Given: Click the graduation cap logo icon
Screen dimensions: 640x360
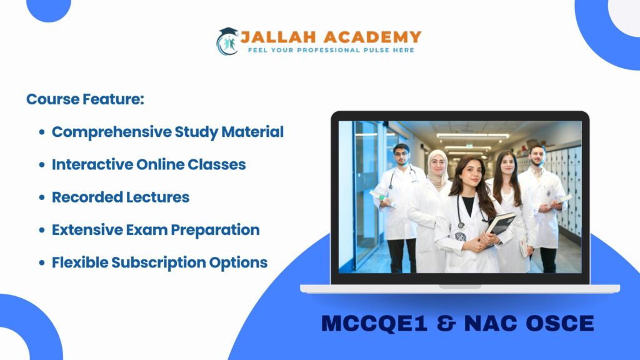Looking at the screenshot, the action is coord(227,41).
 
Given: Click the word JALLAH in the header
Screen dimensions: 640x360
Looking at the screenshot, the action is coord(278,37).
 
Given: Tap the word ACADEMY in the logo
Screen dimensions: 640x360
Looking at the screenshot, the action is coord(372,37).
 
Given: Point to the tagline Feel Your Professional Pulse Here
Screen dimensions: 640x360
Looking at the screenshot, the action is coord(331,50).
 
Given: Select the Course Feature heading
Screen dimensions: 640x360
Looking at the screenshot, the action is coord(85,99).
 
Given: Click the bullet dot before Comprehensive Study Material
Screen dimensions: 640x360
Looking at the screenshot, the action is coord(42,132).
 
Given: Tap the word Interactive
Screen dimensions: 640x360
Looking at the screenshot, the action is coord(92,164).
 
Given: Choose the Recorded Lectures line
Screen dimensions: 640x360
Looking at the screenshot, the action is coord(121,197).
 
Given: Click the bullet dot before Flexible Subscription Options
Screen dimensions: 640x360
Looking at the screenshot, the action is coord(42,262).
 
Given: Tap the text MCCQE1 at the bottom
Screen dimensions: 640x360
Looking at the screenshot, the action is coord(374,323).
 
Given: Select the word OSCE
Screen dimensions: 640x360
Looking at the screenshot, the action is coord(559,323).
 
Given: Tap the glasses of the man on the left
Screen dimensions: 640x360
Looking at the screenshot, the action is coord(401,154).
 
